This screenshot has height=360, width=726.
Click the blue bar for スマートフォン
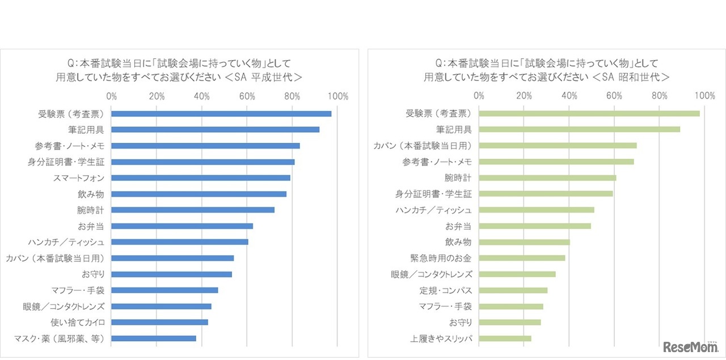point(201,178)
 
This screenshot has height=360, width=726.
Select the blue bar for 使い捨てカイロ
point(159,323)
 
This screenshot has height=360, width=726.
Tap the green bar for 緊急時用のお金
point(522,258)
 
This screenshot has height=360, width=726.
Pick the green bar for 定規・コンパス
point(513,290)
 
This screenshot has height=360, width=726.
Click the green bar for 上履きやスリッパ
point(505,339)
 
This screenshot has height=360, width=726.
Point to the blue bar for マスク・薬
point(154,338)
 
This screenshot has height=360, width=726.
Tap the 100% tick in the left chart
point(337,96)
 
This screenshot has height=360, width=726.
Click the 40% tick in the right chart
point(569,96)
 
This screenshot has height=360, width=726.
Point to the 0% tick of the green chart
point(479,96)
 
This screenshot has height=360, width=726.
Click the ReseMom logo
point(690,346)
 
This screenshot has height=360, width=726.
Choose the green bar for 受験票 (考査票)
point(589,113)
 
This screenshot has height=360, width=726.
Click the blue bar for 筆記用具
point(216,130)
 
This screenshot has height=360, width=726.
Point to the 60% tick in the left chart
point(247,96)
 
